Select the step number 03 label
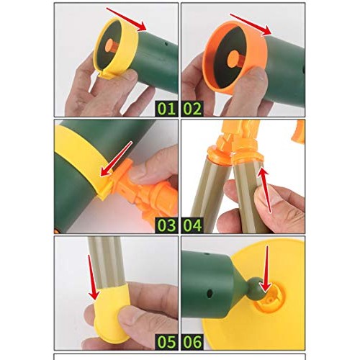coord(166,224)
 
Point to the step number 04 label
coord(193,224)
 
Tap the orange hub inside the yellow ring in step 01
coord(108,48)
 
